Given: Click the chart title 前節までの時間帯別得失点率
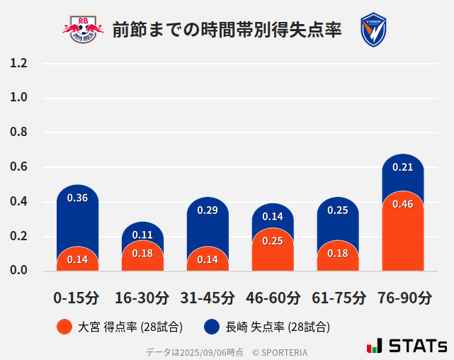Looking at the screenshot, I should coord(227,30).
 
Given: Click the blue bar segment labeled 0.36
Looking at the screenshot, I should coord(77,213).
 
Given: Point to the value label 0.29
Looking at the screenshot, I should coord(208,210).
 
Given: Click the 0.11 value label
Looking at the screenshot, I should coord(142,235).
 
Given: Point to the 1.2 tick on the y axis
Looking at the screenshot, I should coord(18,63).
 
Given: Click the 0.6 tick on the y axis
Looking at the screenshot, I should coord(18,167).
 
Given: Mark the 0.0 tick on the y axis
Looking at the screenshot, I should coord(18,271).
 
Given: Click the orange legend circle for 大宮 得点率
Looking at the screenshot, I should coord(64,327).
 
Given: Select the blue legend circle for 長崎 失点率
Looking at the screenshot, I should coord(211,327).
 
